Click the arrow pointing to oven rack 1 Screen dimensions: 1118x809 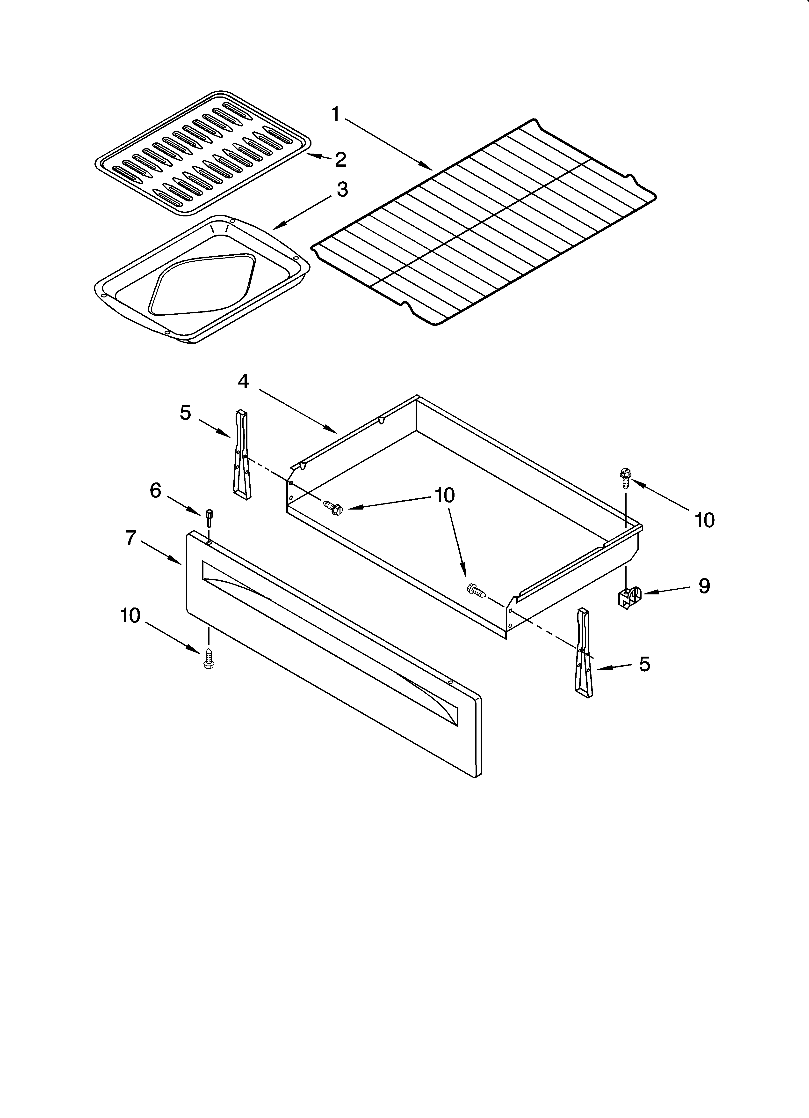384,143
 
